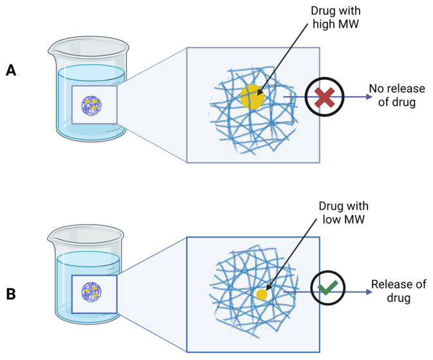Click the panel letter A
pyautogui.click(x=11, y=70)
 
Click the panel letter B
pyautogui.click(x=11, y=294)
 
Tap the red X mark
pyautogui.click(x=324, y=97)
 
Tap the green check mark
pyautogui.click(x=327, y=288)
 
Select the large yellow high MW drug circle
pyautogui.click(x=252, y=97)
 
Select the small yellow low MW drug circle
pyautogui.click(x=262, y=295)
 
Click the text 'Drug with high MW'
pyautogui.click(x=335, y=17)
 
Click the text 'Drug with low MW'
pyautogui.click(x=344, y=213)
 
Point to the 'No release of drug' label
pyautogui.click(x=397, y=95)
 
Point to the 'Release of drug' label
pyautogui.click(x=398, y=291)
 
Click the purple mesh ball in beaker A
pyautogui.click(x=91, y=106)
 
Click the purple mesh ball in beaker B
pyautogui.click(x=91, y=292)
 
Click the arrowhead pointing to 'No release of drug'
pyautogui.click(x=369, y=97)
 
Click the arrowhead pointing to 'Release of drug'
pyautogui.click(x=369, y=292)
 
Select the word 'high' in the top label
pyautogui.click(x=323, y=24)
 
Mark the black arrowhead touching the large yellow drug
pyautogui.click(x=259, y=92)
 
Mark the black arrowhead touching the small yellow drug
pyautogui.click(x=269, y=287)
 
